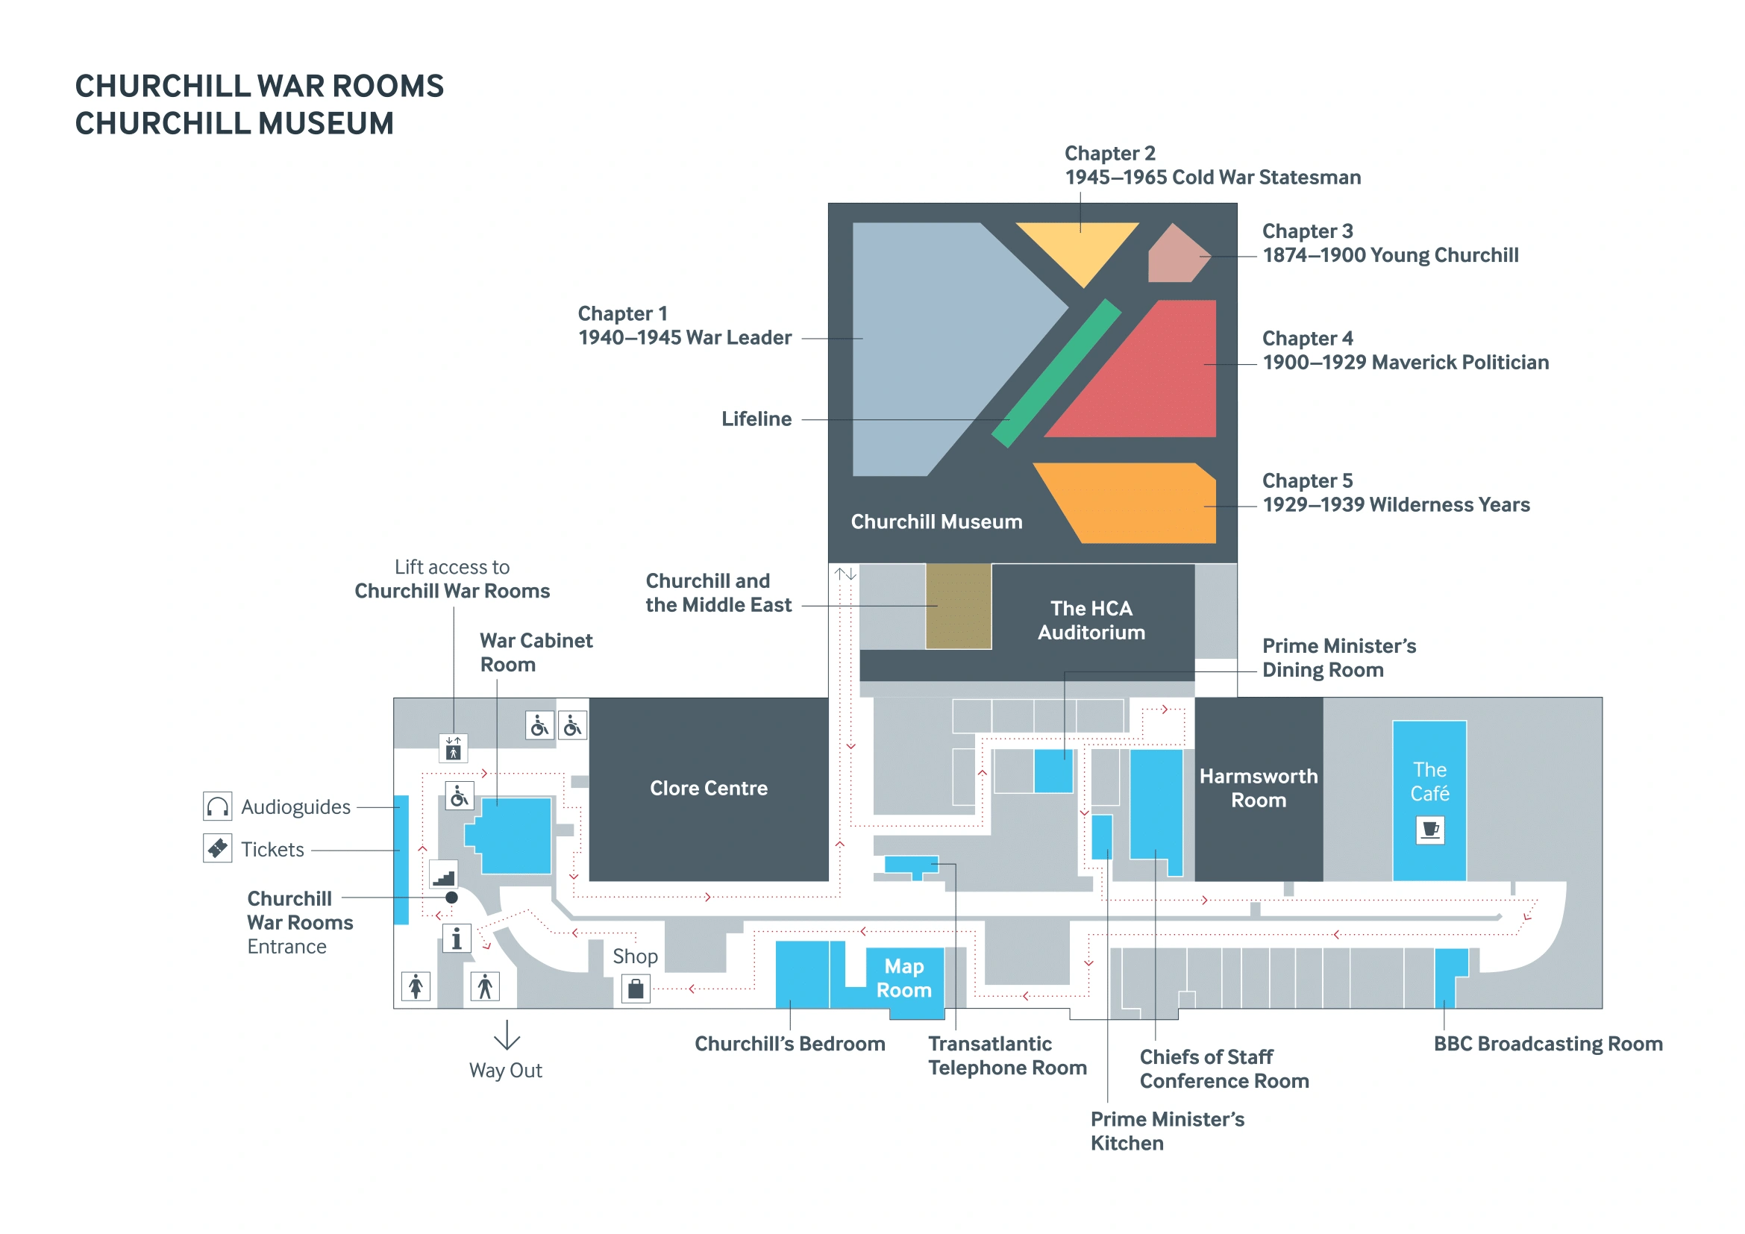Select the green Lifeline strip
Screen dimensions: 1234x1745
1056,373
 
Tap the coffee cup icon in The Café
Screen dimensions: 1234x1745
1429,829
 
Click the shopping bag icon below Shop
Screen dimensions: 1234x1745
636,989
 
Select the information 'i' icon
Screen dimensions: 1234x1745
456,939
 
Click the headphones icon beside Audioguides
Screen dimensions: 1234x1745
217,807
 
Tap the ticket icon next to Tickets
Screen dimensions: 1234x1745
217,848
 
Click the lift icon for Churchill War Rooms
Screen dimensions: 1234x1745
453,748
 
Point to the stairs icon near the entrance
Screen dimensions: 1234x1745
444,875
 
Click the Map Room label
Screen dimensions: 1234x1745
903,978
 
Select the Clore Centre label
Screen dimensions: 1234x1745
708,788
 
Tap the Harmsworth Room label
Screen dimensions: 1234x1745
1259,788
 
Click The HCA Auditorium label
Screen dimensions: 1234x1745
1091,620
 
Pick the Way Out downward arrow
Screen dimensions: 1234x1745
506,1035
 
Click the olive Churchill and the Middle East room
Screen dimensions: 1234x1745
958,607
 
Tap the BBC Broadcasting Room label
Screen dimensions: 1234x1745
1548,1044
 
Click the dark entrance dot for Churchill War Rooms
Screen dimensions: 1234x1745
451,898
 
